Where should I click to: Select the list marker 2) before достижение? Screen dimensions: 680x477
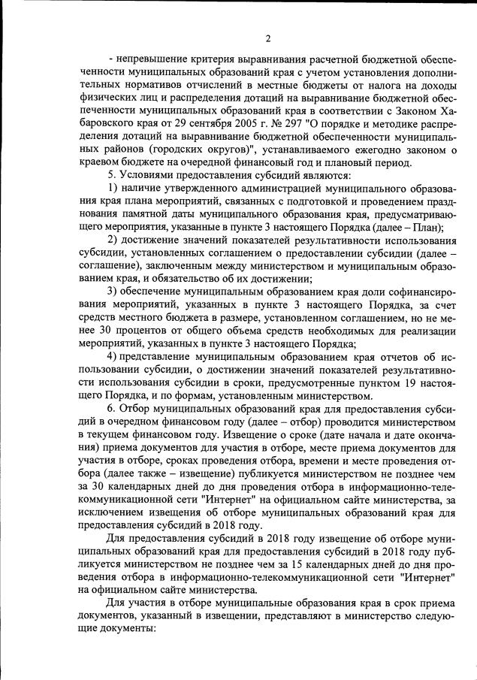[x=113, y=240]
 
